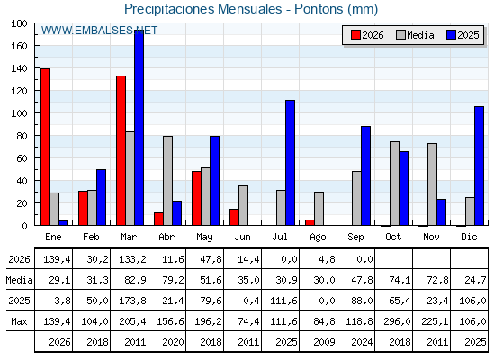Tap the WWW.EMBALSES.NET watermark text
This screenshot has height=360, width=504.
click(99, 31)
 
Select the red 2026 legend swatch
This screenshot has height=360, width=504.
click(355, 35)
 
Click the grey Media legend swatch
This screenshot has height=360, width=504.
click(400, 35)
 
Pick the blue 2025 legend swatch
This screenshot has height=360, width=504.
click(451, 35)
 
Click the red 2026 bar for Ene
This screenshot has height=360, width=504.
click(45, 147)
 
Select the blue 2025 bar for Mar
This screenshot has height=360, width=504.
click(139, 128)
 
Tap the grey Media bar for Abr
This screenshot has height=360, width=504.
click(167, 181)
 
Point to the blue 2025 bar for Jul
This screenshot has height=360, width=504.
click(290, 163)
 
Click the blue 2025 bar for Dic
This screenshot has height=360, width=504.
click(479, 166)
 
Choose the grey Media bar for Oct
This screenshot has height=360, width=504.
click(395, 184)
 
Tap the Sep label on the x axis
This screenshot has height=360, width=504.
click(355, 238)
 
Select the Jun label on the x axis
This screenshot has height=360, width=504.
click(242, 238)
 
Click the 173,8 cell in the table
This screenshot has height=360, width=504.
click(133, 301)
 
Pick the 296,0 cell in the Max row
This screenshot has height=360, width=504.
click(397, 321)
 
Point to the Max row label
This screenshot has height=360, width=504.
click(19, 321)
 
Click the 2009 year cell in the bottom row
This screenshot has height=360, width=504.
click(324, 342)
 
